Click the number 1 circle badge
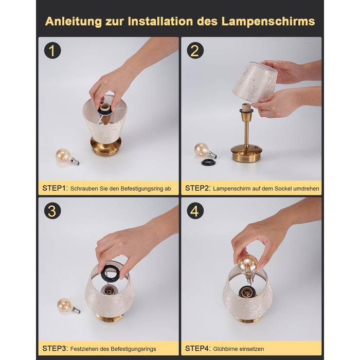52,50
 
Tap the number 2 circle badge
195,50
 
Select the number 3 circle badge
52,210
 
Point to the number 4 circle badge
195,210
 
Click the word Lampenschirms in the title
268,22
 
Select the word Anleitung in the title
73,22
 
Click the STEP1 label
55,188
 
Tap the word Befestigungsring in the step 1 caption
142,189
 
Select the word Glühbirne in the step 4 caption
225,349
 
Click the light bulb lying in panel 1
67,156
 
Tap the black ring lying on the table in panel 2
209,162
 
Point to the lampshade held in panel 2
255,82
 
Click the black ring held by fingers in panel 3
111,273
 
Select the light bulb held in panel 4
248,267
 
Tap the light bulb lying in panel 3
68,305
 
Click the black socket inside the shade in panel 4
247,293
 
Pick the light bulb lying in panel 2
205,151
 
